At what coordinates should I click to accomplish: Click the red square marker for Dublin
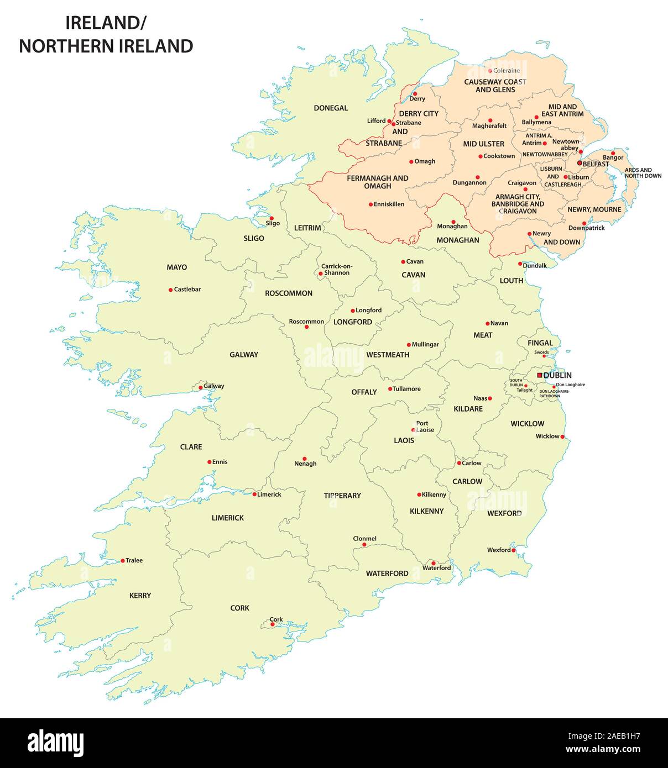pos(540,375)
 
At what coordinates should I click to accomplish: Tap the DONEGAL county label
pos(331,108)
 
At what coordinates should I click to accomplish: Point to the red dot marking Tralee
pos(123,561)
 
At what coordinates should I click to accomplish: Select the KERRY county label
pos(140,596)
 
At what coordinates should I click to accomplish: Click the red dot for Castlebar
pos(170,290)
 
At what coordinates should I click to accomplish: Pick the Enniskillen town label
pos(389,204)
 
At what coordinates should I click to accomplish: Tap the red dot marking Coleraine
pos(490,71)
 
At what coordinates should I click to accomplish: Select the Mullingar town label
pos(425,344)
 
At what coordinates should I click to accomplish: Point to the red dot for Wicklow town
pos(562,437)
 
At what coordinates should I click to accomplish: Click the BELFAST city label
pos(596,164)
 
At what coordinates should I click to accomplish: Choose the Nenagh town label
pos(305,464)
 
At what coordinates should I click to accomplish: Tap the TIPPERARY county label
pos(342,496)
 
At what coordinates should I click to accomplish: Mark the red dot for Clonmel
pos(364,545)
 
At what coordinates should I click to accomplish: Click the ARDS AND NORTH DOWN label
pos(643,173)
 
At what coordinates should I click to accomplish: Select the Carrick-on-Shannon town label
pos(336,270)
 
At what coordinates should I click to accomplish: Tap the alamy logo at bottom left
pos(55,741)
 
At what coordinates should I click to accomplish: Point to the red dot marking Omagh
pos(411,162)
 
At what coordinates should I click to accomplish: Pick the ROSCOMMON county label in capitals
pos(289,293)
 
